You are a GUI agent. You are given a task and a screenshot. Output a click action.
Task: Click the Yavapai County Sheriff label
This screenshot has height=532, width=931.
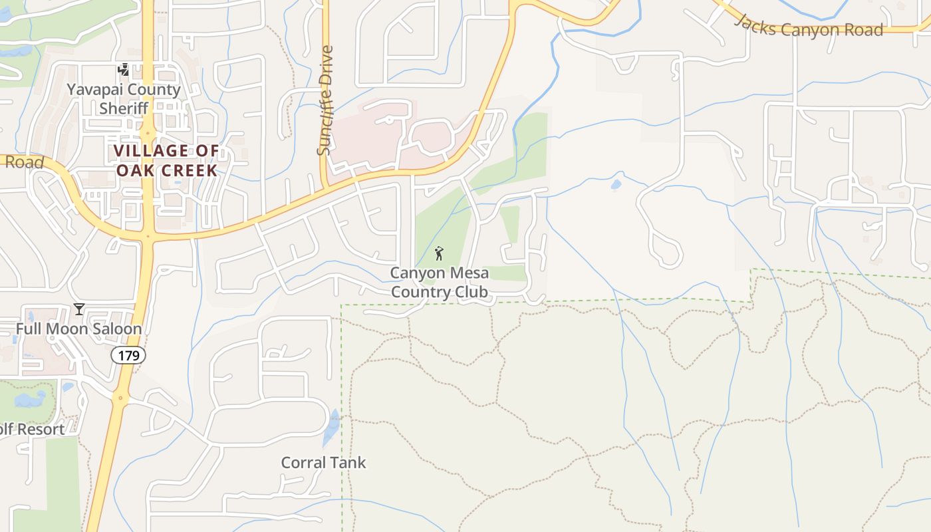click(123, 98)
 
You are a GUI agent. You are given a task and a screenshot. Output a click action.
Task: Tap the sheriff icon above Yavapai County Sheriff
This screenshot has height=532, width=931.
click(123, 69)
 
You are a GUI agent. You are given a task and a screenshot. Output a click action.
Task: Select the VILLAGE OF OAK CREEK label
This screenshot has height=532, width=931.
click(166, 160)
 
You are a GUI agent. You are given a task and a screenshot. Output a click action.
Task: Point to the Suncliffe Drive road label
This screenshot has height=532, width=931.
click(325, 100)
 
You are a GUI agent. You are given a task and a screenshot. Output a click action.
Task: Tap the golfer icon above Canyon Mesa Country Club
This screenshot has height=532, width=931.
click(438, 253)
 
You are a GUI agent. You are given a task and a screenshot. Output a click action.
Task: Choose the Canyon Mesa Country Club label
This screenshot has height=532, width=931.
click(439, 282)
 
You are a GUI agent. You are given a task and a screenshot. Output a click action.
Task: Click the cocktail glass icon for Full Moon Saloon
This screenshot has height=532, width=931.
click(79, 309)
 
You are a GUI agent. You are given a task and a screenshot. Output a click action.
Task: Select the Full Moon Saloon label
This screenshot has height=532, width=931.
click(78, 329)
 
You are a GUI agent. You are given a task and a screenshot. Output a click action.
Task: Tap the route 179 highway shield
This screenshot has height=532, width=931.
click(128, 356)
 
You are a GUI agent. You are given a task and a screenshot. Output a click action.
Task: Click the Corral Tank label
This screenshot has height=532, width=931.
click(323, 462)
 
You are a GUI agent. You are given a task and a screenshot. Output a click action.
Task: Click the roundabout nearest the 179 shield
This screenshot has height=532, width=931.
click(120, 399)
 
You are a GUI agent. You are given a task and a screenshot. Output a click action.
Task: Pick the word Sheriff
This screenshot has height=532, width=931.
click(123, 108)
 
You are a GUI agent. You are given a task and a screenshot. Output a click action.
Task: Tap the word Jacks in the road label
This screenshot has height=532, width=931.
click(755, 23)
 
